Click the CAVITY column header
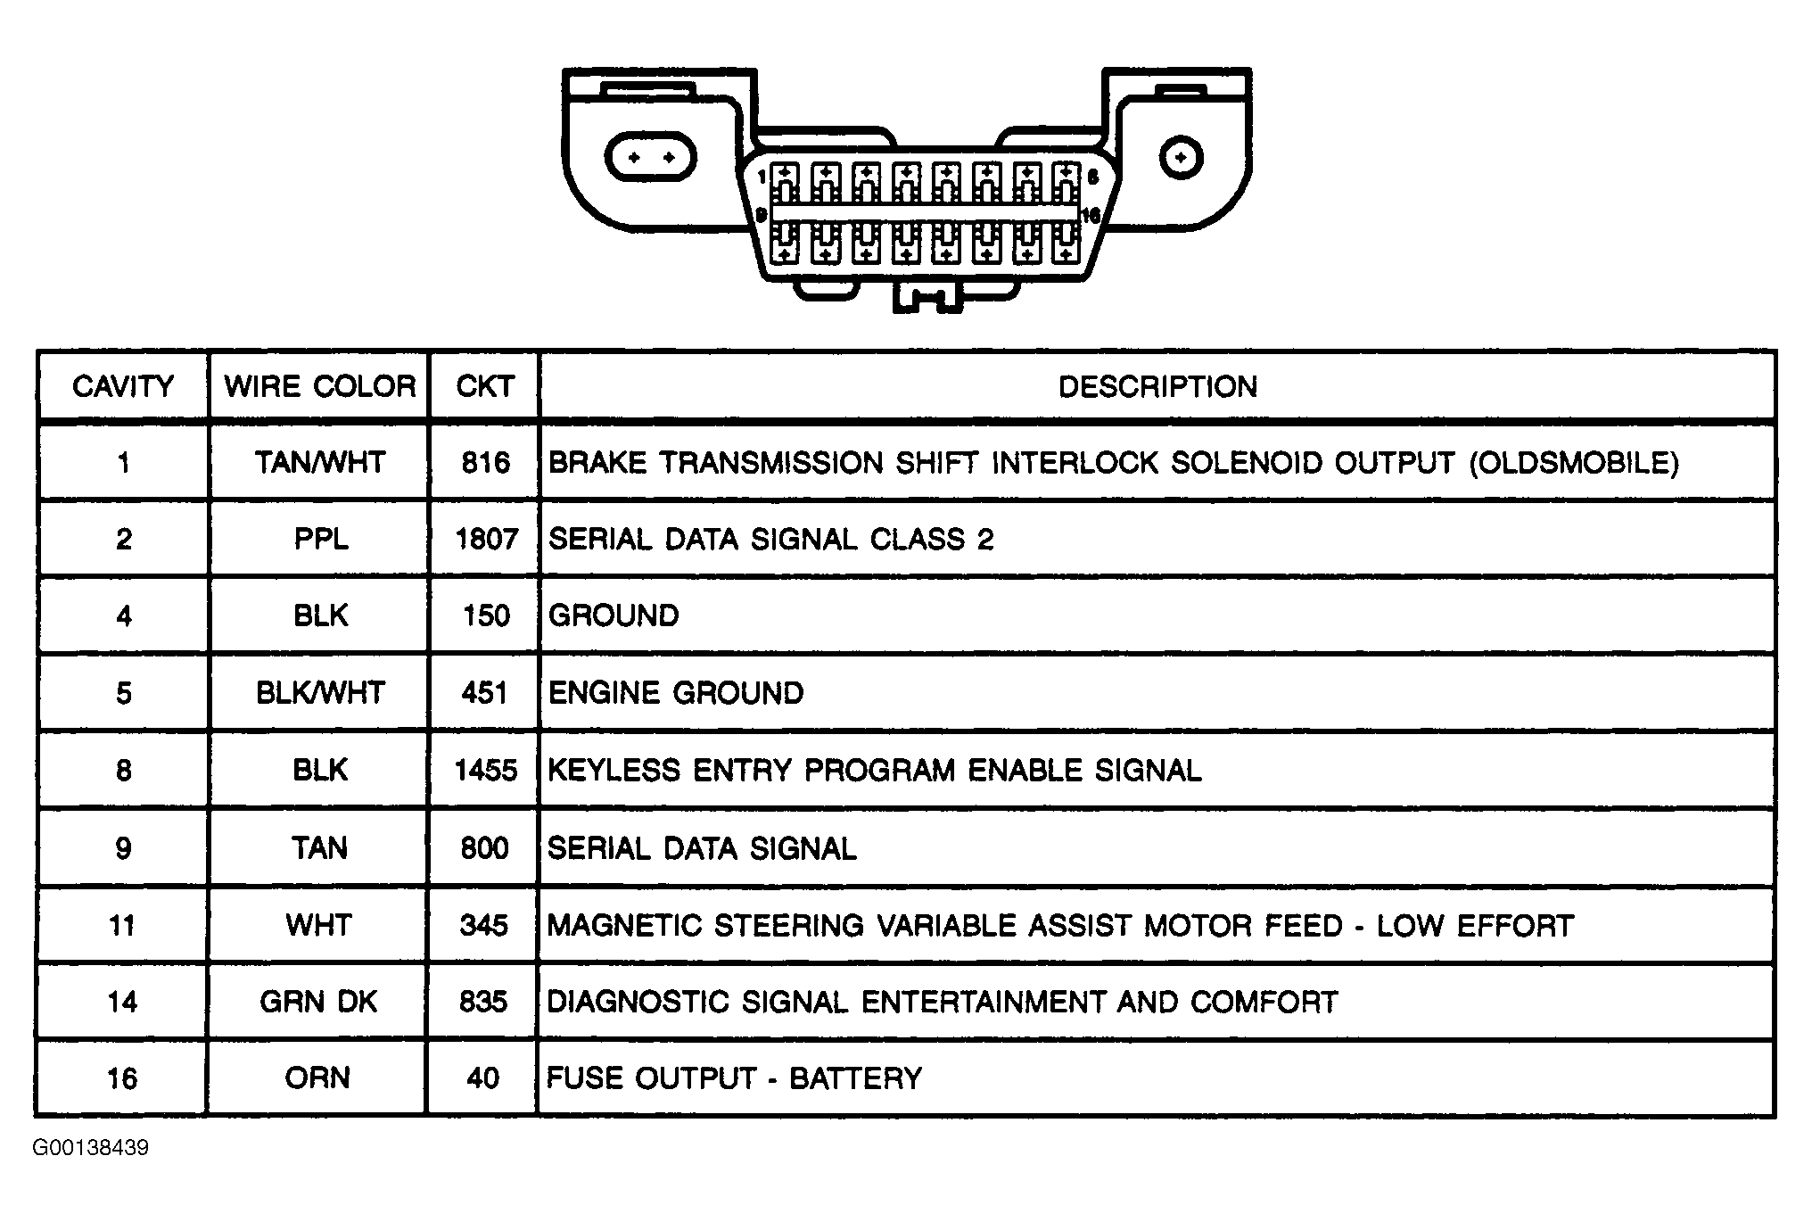click(123, 386)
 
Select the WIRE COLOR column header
click(320, 386)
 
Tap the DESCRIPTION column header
click(1157, 386)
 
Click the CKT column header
click(485, 386)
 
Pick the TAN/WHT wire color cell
click(320, 462)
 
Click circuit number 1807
click(486, 539)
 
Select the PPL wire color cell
click(321, 539)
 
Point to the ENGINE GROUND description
click(676, 693)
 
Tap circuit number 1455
click(486, 770)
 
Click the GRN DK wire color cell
click(319, 1002)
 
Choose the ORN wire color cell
click(317, 1078)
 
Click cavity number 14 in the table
click(122, 1002)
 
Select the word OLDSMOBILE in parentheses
click(1574, 462)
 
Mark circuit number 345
click(484, 925)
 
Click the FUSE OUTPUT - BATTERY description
click(734, 1078)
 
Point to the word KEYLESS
click(614, 770)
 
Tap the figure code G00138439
click(91, 1147)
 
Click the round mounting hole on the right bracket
click(1182, 158)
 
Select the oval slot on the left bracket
click(650, 158)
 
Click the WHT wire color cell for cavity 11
click(319, 925)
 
